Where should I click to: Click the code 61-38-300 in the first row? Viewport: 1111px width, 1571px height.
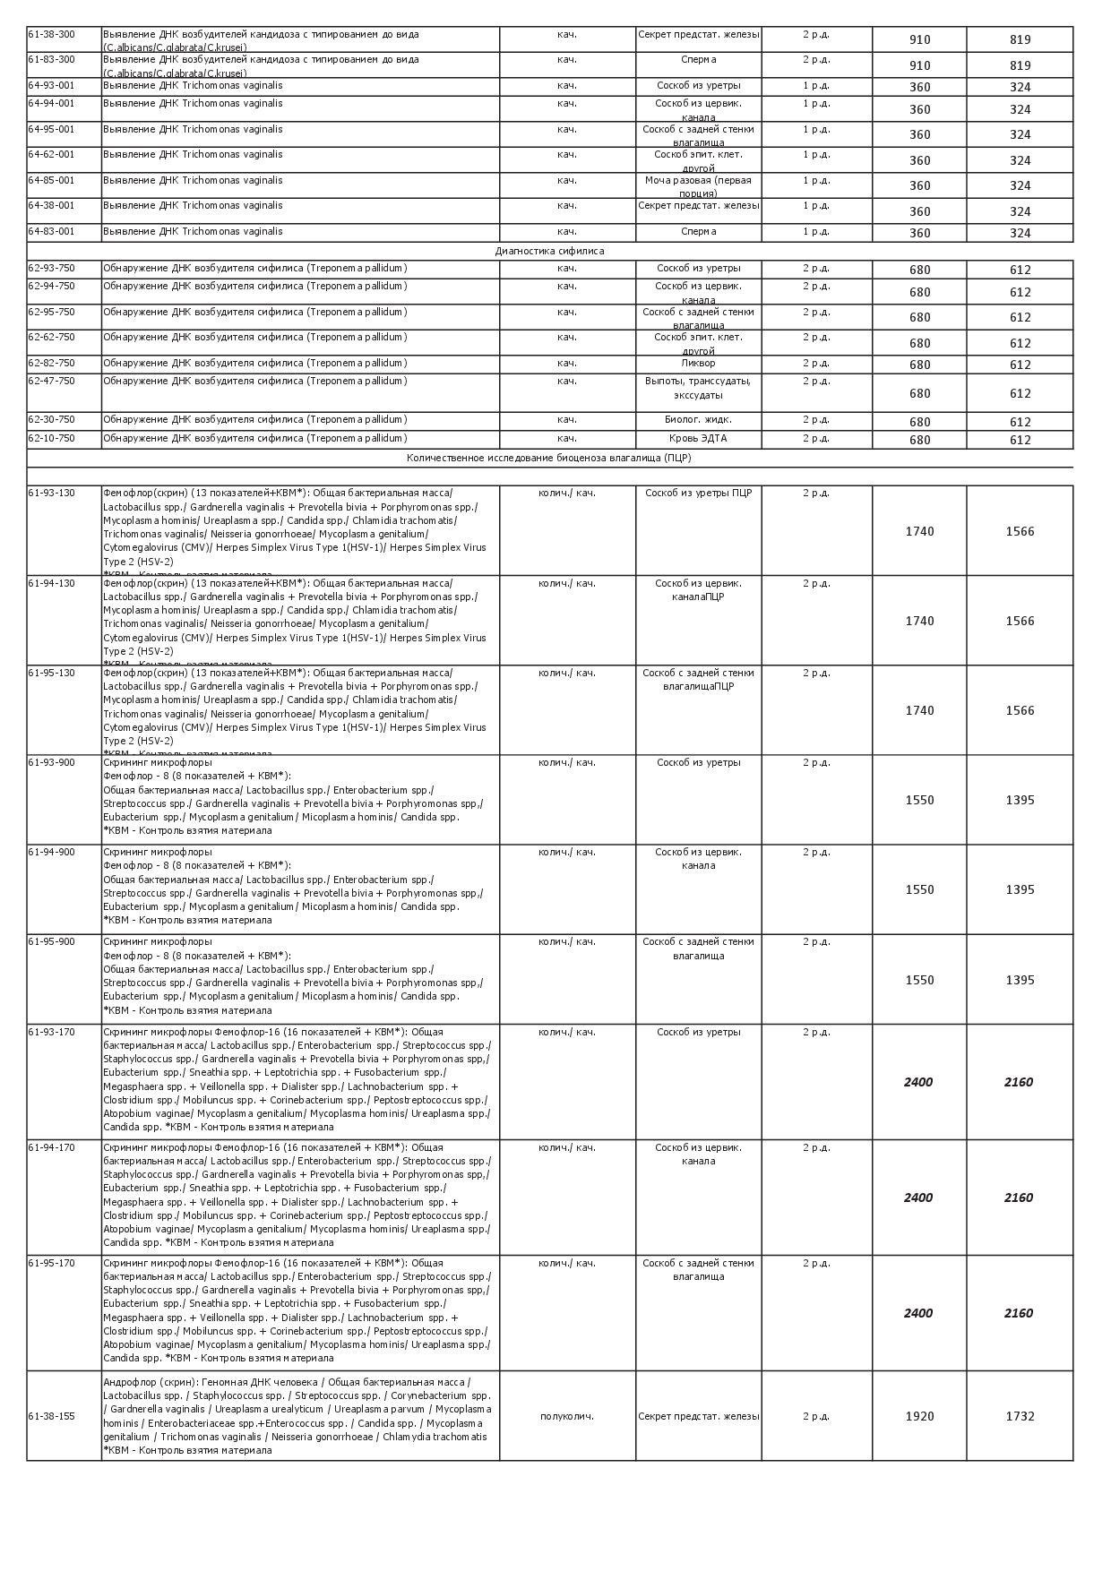click(52, 35)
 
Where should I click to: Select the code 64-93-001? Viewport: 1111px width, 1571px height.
click(52, 86)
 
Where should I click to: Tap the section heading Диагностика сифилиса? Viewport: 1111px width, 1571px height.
click(549, 252)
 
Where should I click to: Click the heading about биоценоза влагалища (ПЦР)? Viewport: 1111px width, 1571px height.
click(548, 459)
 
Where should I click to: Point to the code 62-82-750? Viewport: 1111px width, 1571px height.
click(52, 364)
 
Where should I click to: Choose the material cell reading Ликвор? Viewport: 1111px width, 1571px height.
click(698, 364)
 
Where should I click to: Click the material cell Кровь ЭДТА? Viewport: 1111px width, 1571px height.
click(698, 439)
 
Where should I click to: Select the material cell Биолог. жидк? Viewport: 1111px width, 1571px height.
click(698, 420)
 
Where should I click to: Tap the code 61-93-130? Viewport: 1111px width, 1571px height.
click(52, 494)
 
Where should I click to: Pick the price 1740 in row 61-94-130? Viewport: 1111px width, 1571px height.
click(919, 622)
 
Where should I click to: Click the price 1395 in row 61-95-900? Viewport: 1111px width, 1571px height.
click(1020, 981)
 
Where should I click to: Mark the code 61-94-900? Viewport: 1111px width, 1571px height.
click(52, 853)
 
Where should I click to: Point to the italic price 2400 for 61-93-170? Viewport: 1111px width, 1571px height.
click(918, 1083)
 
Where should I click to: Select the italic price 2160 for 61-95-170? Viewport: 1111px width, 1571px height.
click(1019, 1314)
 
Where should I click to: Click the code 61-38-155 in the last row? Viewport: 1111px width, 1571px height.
click(52, 1417)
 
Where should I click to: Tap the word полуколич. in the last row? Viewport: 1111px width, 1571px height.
click(567, 1417)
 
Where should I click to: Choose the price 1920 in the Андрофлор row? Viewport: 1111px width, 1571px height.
click(919, 1417)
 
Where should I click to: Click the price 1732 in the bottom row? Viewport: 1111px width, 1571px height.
click(1020, 1417)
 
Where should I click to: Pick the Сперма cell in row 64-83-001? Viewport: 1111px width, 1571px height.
click(698, 232)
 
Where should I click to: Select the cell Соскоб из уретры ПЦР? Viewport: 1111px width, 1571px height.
click(698, 494)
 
